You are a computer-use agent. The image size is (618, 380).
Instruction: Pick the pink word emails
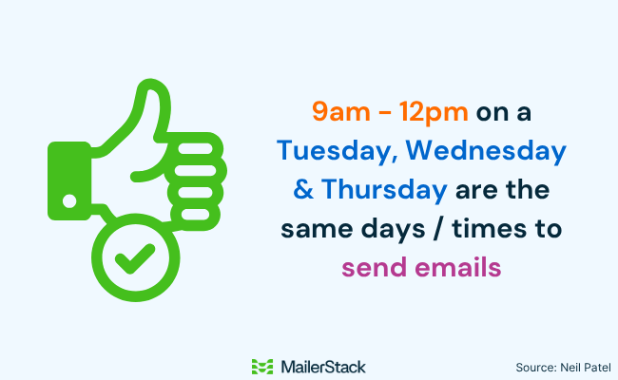pyautogui.click(x=459, y=268)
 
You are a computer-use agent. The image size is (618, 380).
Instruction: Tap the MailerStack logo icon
pyautogui.click(x=262, y=366)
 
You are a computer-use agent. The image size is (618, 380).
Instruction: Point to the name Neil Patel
pyautogui.click(x=584, y=367)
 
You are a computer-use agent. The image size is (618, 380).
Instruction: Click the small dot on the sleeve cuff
pyautogui.click(x=69, y=200)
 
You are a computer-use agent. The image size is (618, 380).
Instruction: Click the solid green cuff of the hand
pyautogui.click(x=68, y=176)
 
